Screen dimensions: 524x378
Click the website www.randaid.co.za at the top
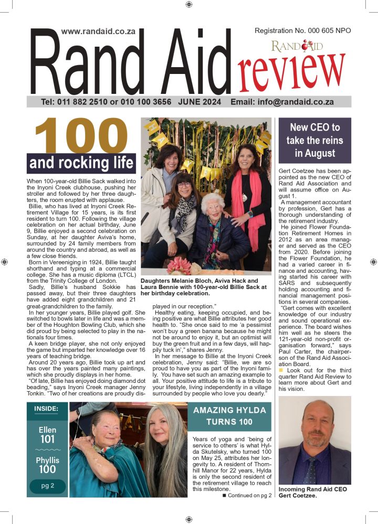coord(98,31)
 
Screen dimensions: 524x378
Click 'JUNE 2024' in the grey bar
coord(199,102)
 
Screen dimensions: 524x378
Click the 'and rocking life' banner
coord(81,163)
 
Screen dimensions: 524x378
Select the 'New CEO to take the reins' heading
coord(314,141)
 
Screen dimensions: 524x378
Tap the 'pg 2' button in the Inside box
coord(47,486)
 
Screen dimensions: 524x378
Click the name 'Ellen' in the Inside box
coord(47,430)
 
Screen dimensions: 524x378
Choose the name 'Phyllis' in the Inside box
coord(47,460)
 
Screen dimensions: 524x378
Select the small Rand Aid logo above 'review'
coord(297,46)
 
